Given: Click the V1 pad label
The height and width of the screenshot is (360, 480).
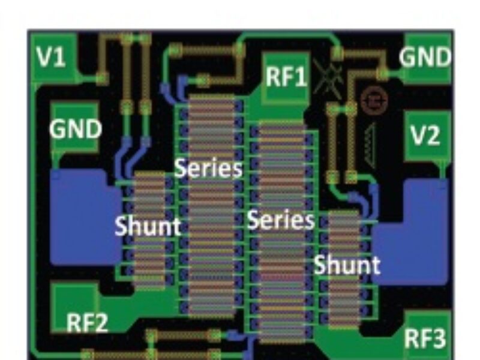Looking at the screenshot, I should (50, 57).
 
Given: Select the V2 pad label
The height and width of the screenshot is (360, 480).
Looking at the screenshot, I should (427, 136).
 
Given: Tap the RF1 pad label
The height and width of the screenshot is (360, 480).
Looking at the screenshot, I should (286, 77).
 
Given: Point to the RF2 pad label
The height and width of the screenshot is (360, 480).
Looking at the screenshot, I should (86, 325).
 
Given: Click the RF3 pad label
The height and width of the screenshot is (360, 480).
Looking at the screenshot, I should (425, 339).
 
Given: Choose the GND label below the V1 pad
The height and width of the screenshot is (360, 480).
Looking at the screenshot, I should (76, 128).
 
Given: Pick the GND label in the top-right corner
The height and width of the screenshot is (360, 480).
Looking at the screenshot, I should (425, 58).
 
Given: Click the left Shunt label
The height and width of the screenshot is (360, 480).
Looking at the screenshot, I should (148, 227).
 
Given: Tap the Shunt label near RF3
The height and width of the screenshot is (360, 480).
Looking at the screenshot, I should (347, 265).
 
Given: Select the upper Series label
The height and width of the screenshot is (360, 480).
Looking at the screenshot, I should (209, 169).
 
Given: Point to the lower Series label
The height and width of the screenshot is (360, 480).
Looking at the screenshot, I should (281, 220).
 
